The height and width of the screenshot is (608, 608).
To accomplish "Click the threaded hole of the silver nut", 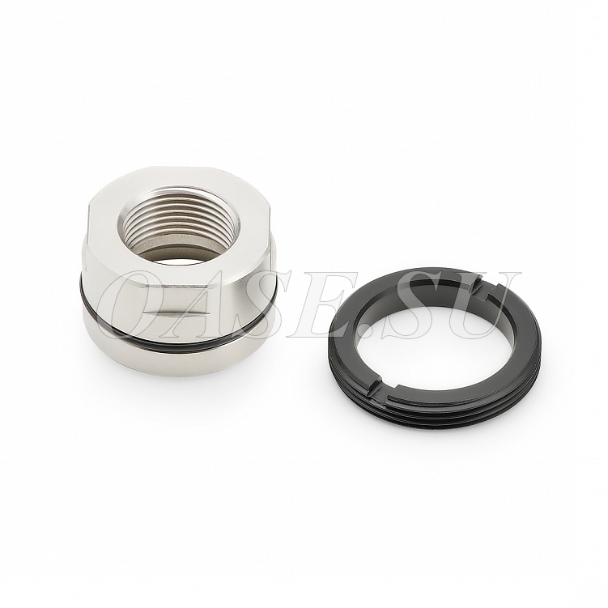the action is [x=178, y=225].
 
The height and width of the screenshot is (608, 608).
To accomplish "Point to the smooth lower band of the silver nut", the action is [x=178, y=357].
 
